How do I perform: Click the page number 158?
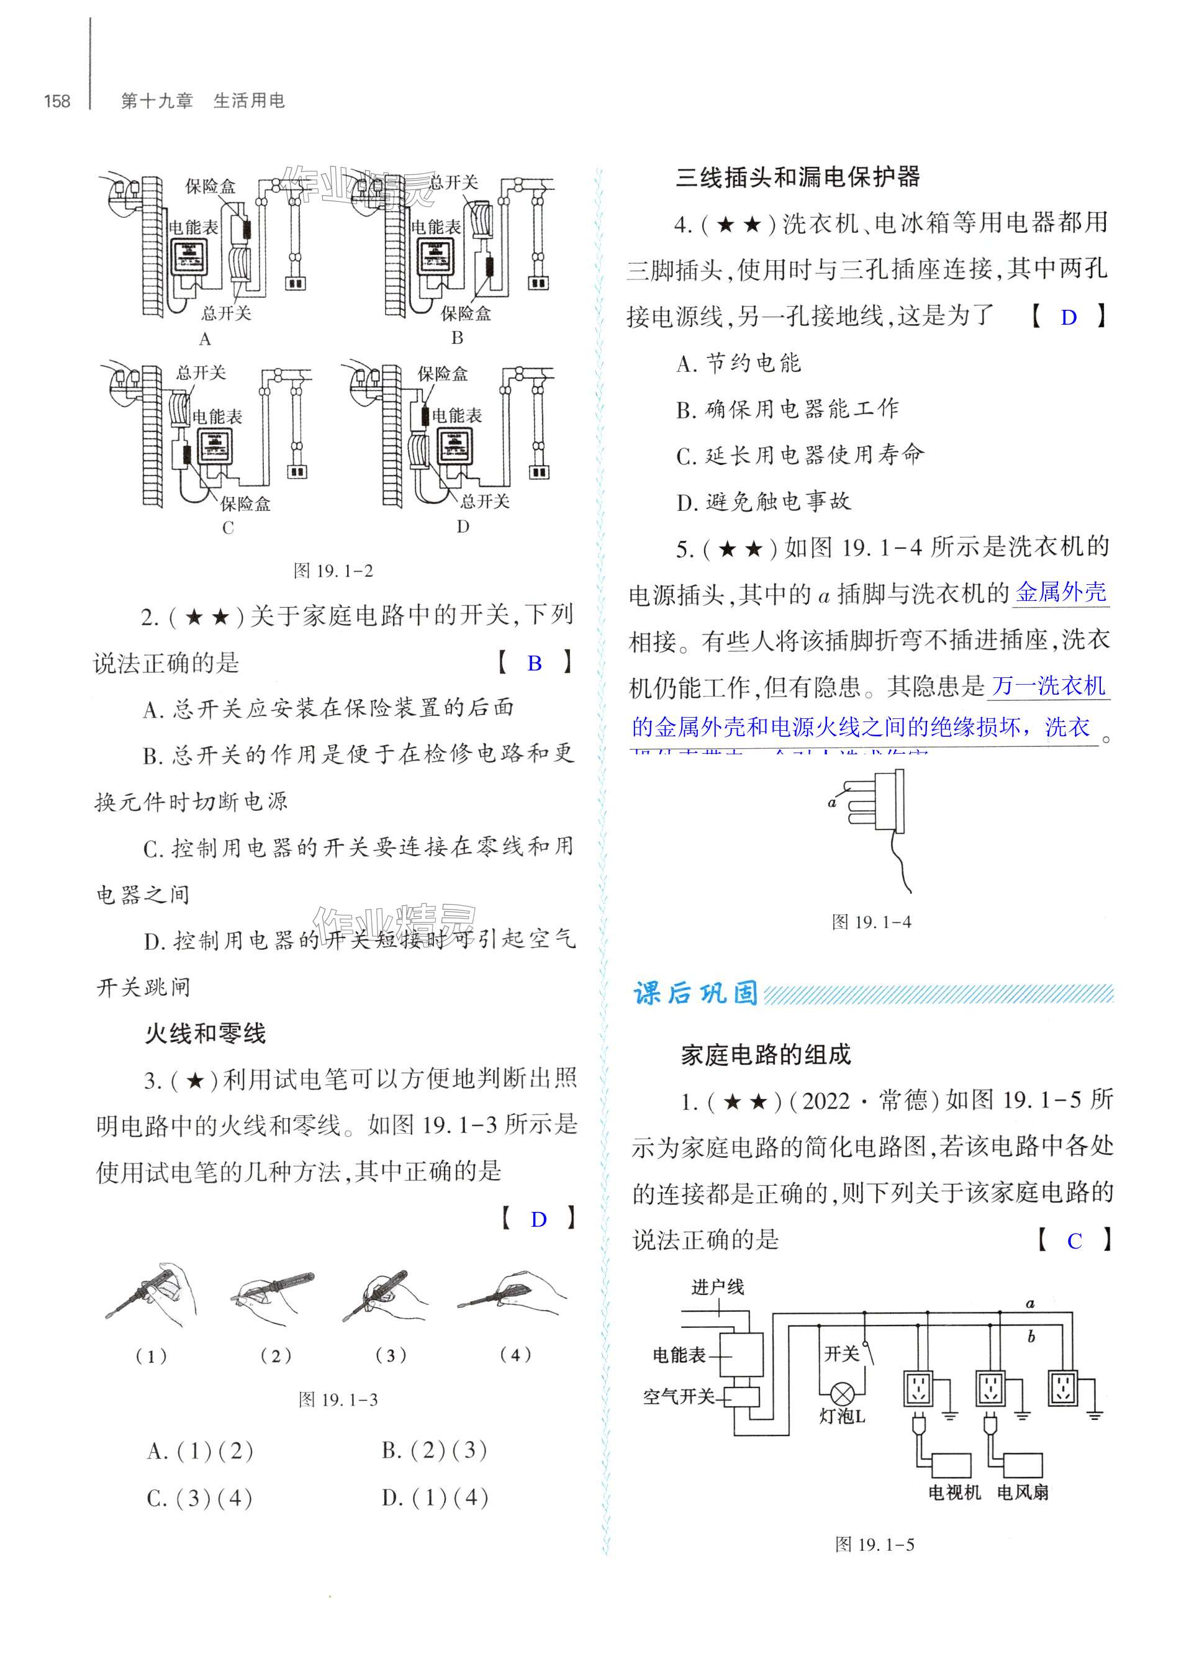pos(57,101)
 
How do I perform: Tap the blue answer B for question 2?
pos(535,663)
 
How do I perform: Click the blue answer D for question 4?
pos(1069,318)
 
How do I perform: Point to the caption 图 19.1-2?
pos(333,571)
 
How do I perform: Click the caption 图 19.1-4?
pos(871,923)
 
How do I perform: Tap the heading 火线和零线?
pos(205,1034)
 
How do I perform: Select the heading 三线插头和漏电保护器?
pos(797,177)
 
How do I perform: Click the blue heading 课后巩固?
pos(695,993)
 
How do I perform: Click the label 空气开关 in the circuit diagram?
pos(678,1397)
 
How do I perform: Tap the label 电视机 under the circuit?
pos(954,1492)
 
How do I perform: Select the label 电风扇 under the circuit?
pos(1022,1492)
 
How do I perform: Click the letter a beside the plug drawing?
pos(832,802)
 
